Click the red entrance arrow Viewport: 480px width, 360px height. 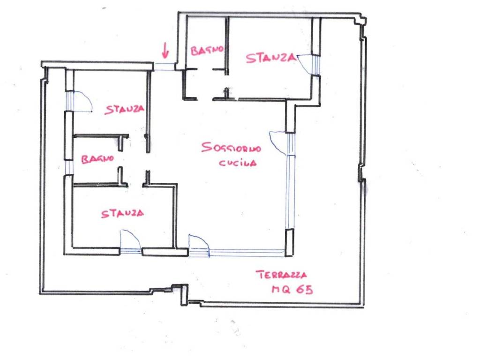pyautogui.click(x=165, y=51)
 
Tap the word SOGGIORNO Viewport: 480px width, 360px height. pyautogui.click(x=231, y=148)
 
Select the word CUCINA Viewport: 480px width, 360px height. pyautogui.click(x=238, y=163)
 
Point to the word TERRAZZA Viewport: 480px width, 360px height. pyautogui.click(x=281, y=275)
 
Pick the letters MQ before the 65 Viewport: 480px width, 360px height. pyautogui.click(x=281, y=289)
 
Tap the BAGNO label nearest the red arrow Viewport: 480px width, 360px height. pyautogui.click(x=207, y=50)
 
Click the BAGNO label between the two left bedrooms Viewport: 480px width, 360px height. pyautogui.click(x=97, y=159)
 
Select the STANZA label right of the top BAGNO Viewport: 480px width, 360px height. pyautogui.click(x=271, y=58)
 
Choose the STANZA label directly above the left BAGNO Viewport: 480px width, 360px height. pyautogui.click(x=124, y=109)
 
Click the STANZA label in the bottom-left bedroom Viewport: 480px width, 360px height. pyautogui.click(x=122, y=214)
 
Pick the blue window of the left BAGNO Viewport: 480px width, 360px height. pyautogui.click(x=69, y=167)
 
